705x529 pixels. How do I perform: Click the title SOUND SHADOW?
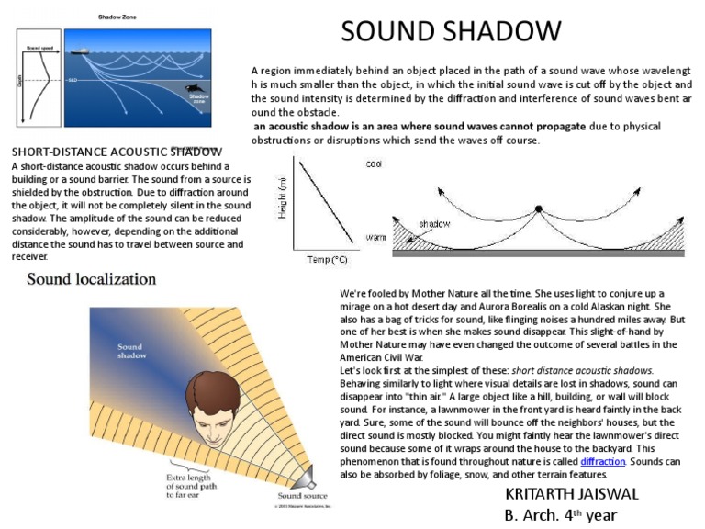click(451, 31)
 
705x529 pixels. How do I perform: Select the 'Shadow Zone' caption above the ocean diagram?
click(117, 17)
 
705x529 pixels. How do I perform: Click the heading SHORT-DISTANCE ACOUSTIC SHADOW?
click(116, 152)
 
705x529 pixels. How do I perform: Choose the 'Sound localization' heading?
click(91, 278)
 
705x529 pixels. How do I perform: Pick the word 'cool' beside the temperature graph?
click(374, 164)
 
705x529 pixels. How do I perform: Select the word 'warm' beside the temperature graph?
click(375, 237)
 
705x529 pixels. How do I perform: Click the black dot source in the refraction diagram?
click(539, 208)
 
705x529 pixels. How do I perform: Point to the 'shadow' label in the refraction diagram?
click(434, 223)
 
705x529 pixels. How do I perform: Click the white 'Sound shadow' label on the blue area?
click(130, 353)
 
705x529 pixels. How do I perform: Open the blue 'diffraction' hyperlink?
click(602, 461)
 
